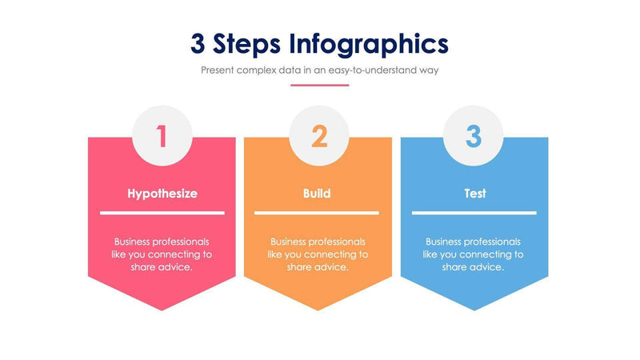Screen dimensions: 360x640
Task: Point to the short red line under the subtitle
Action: [x=319, y=85]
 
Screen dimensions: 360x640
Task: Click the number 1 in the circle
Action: [x=162, y=136]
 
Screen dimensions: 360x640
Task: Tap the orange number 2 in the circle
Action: [x=318, y=136]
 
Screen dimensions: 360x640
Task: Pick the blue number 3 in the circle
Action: [x=474, y=136]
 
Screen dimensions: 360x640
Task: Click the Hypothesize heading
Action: [x=162, y=194]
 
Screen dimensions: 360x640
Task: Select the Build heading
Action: [x=317, y=194]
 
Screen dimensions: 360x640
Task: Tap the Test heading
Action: [x=474, y=194]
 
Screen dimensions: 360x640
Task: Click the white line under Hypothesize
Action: [x=162, y=213]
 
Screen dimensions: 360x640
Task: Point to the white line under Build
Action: [x=317, y=213]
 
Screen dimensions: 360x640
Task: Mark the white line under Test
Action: [x=474, y=213]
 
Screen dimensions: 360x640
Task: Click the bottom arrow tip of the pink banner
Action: [x=162, y=308]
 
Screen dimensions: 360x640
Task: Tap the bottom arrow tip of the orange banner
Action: [x=318, y=308]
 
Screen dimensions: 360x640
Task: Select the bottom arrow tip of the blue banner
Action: [x=474, y=308]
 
